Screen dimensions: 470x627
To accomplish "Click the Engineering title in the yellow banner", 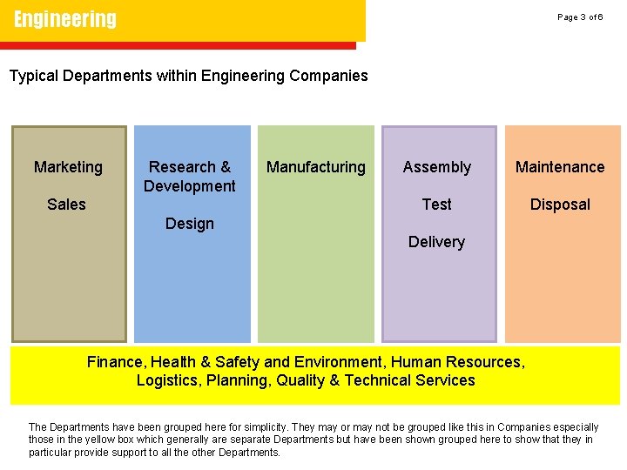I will pos(65,19).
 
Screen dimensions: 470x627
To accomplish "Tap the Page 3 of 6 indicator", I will pos(580,17).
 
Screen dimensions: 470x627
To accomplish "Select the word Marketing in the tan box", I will pos(68,167).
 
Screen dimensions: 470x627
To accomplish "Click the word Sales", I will pos(66,205).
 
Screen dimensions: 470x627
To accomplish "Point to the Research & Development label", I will pos(190,176).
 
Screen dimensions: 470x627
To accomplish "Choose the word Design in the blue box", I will pos(190,224).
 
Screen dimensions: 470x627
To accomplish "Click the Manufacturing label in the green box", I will pos(316,167).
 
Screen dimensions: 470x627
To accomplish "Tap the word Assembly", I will pos(437,167).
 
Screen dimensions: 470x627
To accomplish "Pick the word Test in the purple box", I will pos(437,205).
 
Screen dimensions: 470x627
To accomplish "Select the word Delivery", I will pos(437,242).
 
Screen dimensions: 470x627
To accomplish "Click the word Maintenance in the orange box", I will pos(560,167).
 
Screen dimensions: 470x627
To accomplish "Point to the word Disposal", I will pos(561,205).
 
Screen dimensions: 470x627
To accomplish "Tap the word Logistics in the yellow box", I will pos(167,380).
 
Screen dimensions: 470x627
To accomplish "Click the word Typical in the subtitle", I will pos(33,76).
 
